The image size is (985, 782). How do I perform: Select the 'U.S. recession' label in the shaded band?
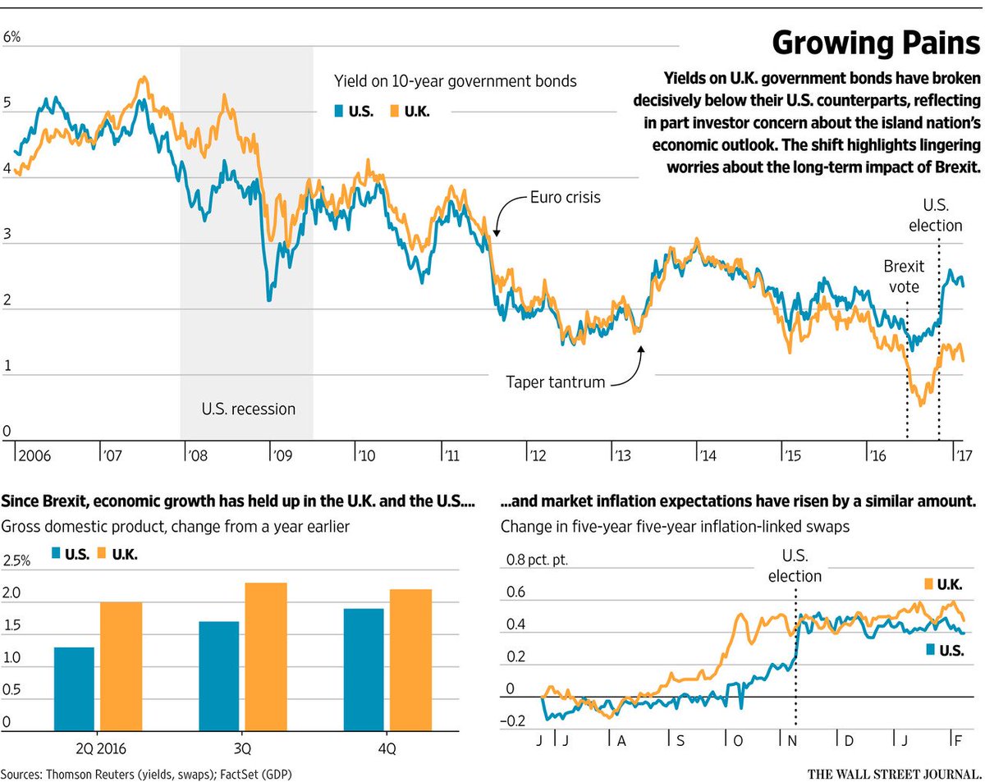tap(248, 408)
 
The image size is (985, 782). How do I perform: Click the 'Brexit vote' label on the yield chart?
tap(904, 277)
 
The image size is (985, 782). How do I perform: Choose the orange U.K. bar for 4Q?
tap(411, 659)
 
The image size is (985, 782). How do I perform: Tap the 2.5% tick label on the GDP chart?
tap(16, 561)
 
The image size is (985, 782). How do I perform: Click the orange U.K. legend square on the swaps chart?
tap(928, 583)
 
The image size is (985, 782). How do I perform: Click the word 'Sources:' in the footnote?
tap(23, 773)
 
